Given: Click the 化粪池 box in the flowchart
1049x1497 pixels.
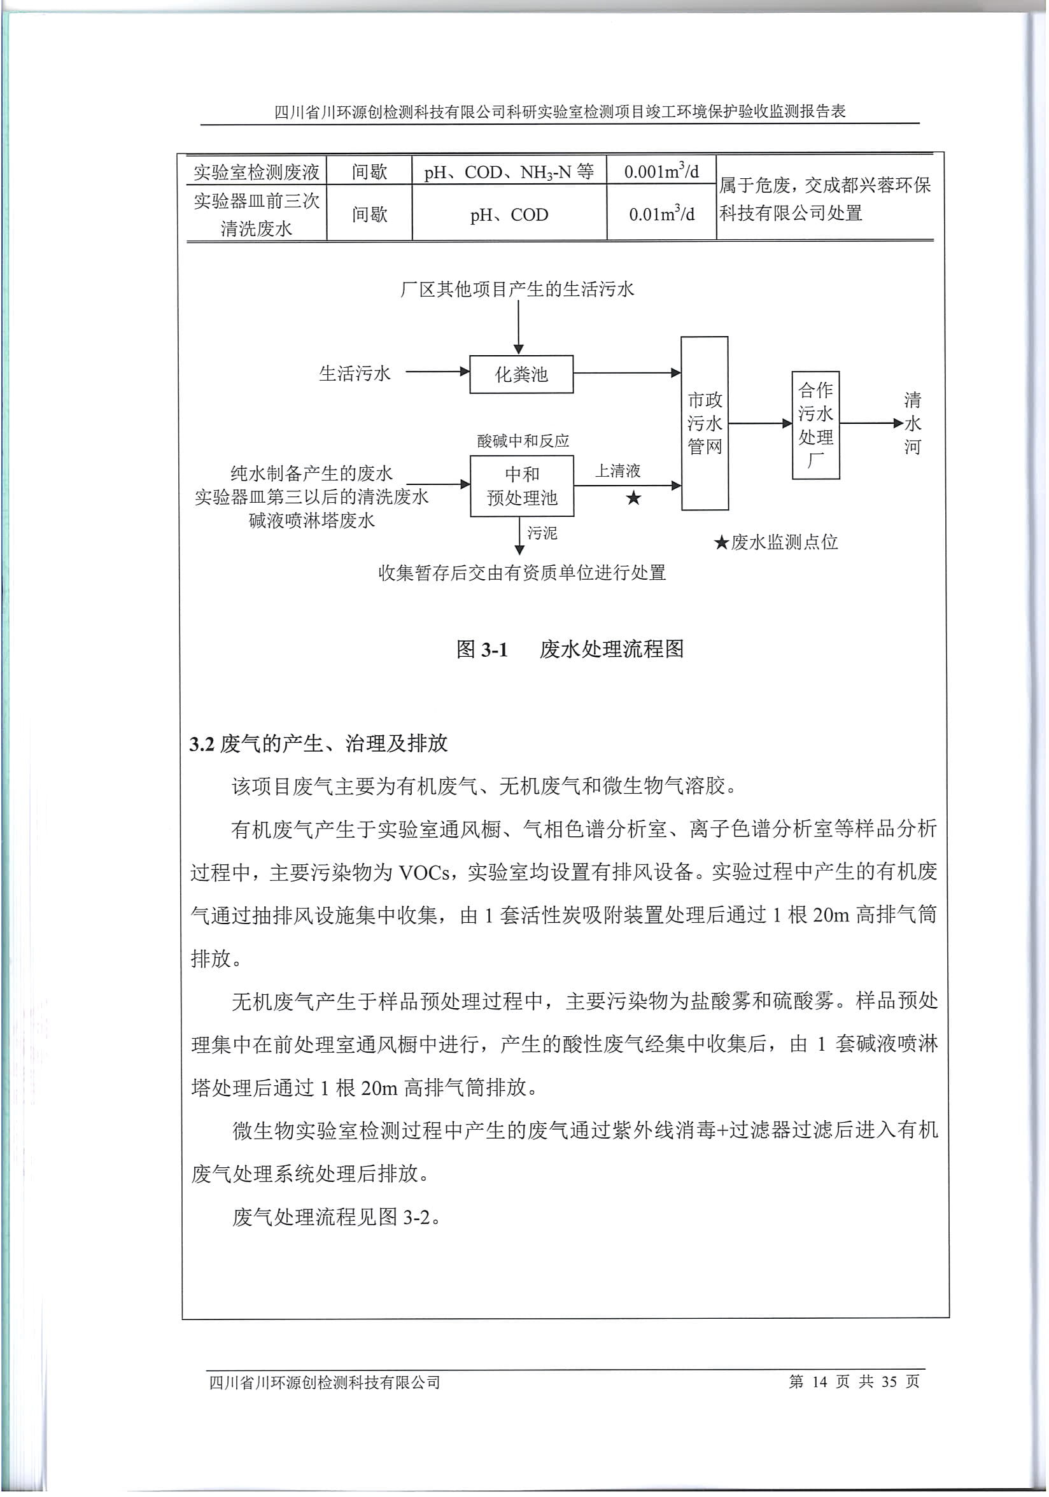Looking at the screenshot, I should [521, 374].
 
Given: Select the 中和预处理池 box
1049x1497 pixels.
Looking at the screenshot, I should [521, 486].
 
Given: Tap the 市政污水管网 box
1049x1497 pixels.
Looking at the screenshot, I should [705, 423].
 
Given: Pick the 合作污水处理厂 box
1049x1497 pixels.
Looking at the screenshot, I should [815, 425].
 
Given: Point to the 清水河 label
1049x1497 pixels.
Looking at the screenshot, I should [912, 423].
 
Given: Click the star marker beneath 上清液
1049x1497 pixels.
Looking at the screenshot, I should [633, 499].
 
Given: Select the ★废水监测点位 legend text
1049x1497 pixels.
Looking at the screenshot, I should [776, 542].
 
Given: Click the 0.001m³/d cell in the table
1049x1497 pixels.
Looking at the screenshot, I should [661, 171].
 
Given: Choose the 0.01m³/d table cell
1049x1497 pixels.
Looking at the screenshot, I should [661, 214].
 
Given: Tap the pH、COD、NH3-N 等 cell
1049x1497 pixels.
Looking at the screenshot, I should [509, 172].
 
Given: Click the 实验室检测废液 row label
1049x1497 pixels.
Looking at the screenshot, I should [257, 172].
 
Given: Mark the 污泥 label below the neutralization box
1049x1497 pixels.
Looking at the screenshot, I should [542, 533].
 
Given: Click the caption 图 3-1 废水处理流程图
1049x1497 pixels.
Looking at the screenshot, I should [569, 649].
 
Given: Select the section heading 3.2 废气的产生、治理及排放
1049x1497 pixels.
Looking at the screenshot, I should [319, 743].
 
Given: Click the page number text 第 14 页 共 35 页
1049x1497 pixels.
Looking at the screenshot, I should [854, 1382].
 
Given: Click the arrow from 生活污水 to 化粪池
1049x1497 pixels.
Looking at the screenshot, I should [437, 372].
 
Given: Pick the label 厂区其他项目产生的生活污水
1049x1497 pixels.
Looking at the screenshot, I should [517, 290].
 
